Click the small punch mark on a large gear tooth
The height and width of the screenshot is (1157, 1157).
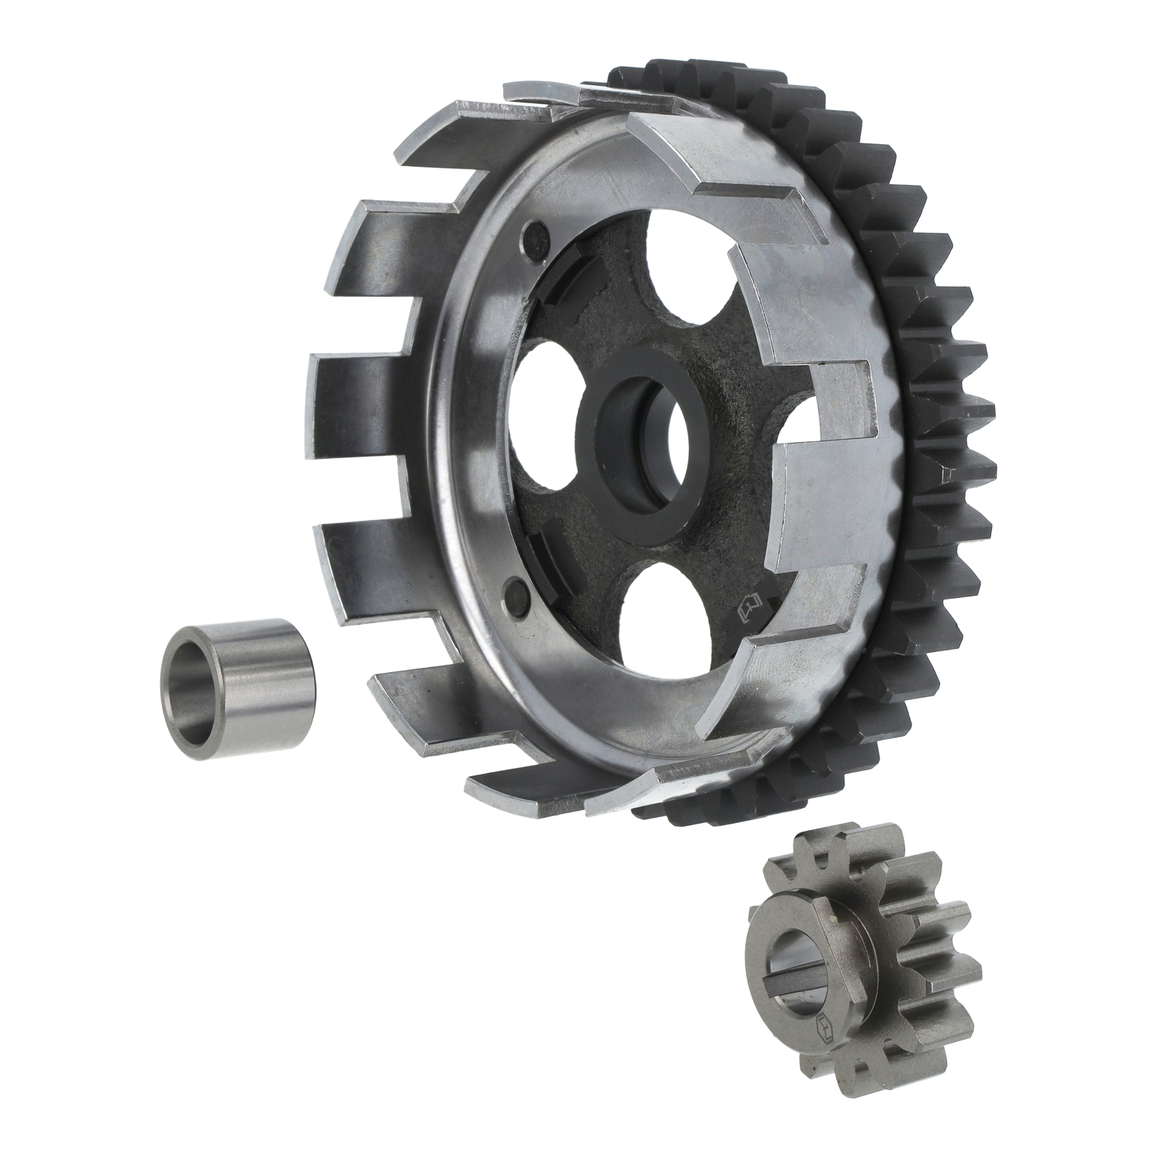(949, 474)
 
